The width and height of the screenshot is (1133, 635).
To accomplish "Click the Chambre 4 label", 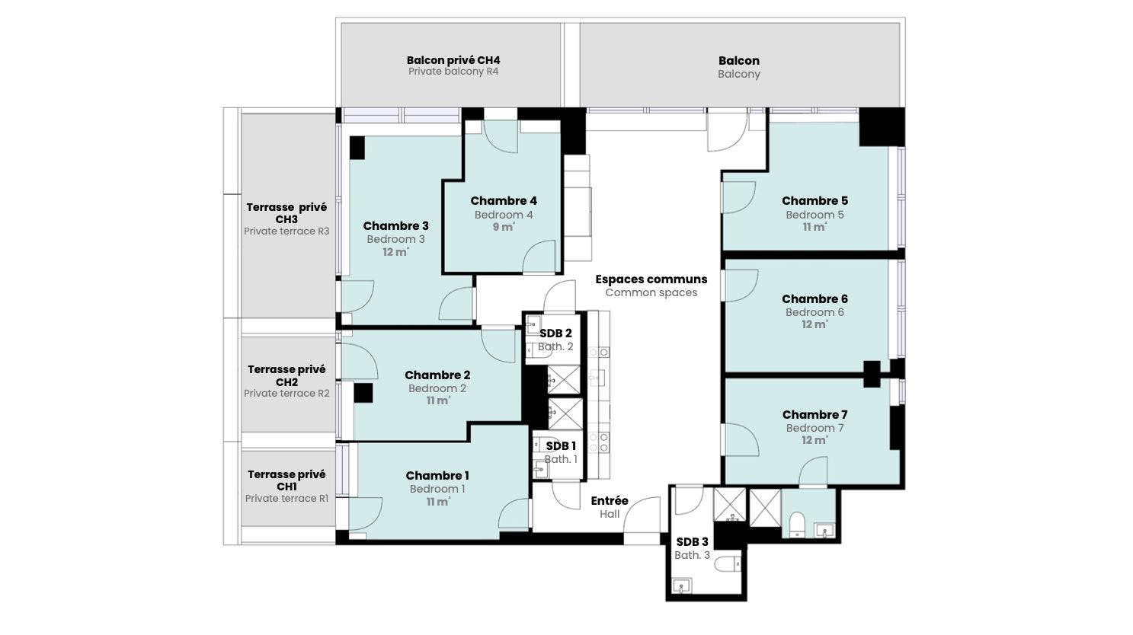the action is click(x=504, y=201).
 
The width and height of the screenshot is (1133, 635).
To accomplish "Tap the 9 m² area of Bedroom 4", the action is click(x=504, y=227).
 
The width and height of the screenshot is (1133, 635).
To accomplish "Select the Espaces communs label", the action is click(x=651, y=279).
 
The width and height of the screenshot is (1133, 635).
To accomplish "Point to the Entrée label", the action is click(x=610, y=500).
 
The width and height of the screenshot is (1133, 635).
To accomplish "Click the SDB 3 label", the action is click(x=692, y=541).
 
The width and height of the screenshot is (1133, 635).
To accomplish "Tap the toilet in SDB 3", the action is click(x=729, y=563).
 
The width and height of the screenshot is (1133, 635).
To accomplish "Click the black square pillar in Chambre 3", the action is click(x=357, y=148).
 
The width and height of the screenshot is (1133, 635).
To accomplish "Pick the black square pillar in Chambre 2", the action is click(x=363, y=393).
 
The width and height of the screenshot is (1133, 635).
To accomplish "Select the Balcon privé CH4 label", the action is click(x=453, y=60).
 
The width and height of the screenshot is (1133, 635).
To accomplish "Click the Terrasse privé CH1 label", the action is click(x=286, y=480).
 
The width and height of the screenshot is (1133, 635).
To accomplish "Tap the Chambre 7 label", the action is click(x=815, y=414).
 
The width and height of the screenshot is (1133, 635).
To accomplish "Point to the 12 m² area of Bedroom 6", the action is click(x=815, y=324).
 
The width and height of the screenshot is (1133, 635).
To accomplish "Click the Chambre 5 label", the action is click(x=815, y=201).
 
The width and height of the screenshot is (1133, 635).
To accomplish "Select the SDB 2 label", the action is click(x=555, y=333).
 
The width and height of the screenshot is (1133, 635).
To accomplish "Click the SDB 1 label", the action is click(x=561, y=446).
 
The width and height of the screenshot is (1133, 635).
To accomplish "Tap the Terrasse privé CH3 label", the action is click(x=286, y=213).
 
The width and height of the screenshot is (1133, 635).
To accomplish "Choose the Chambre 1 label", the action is click(x=437, y=476).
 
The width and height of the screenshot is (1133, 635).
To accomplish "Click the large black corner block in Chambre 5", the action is click(x=882, y=127).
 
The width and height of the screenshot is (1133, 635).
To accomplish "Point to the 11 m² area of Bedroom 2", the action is click(x=438, y=401).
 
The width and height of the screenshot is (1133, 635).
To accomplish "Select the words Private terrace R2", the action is click(x=286, y=394).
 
